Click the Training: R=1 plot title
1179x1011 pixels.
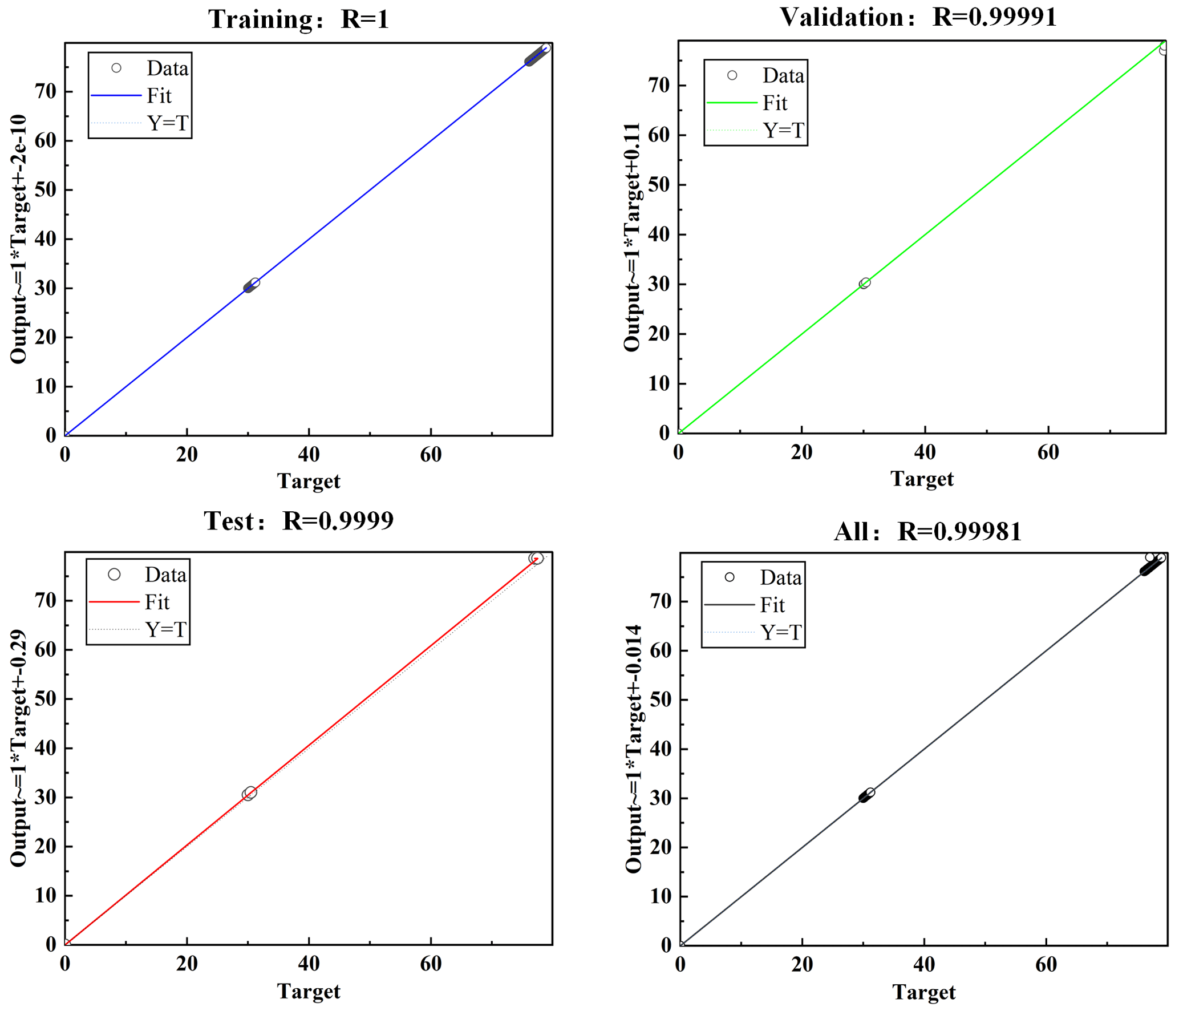298,19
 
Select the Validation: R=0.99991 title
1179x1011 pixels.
918,17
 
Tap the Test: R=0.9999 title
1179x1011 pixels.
298,521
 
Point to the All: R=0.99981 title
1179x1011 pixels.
927,532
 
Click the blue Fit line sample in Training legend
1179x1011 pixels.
116,96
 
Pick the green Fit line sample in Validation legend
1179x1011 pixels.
731,103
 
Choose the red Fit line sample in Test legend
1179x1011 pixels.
114,602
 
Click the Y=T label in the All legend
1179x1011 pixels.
781,632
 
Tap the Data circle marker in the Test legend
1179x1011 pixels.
114,575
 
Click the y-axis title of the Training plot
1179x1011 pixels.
18,239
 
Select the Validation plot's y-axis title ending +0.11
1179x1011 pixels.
632,237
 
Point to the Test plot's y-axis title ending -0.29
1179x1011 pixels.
18,748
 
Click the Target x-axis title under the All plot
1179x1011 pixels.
923,992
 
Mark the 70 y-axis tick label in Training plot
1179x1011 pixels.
46,91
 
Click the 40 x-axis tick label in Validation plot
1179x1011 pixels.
925,452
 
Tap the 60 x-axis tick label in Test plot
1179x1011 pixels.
431,964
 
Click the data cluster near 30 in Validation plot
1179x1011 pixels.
865,284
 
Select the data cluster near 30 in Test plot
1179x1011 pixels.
249,794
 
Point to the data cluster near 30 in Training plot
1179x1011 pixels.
251,285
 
